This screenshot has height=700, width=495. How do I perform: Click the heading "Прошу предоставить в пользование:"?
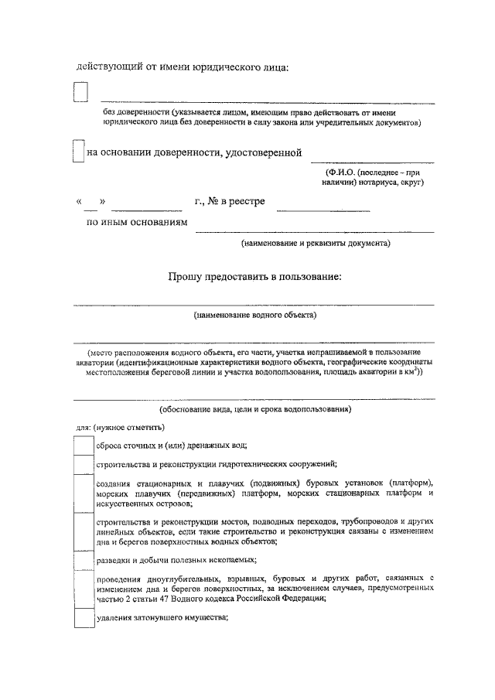[254, 276]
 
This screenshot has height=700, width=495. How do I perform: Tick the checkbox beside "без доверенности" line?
[80, 93]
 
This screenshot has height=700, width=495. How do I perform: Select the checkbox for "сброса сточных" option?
[83, 446]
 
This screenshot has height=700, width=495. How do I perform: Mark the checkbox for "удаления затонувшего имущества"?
[83, 618]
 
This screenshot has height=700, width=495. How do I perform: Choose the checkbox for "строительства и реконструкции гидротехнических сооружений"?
[83, 464]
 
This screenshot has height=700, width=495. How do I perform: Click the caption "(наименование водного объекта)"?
[254, 316]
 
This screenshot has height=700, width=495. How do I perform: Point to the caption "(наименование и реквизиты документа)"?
[316, 243]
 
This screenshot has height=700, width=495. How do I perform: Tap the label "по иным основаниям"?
[137, 223]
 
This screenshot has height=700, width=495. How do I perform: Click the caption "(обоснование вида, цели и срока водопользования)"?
[254, 408]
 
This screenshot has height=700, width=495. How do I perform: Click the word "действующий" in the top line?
[108, 67]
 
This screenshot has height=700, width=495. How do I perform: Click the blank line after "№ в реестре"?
[323, 207]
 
